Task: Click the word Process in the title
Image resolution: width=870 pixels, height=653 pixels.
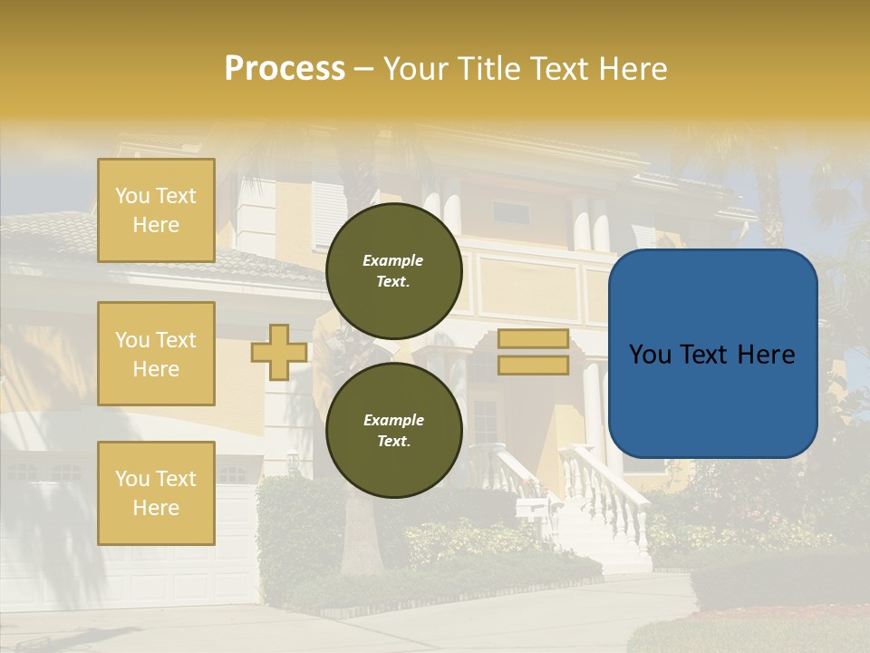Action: (x=285, y=69)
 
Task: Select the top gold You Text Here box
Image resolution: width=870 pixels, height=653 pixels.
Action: (x=156, y=210)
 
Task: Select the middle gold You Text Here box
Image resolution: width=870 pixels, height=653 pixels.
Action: (x=156, y=354)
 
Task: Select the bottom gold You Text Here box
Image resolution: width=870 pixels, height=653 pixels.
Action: (x=156, y=492)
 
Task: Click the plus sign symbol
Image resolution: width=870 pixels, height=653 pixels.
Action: (x=279, y=352)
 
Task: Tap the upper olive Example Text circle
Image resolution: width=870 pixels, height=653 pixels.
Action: (x=393, y=271)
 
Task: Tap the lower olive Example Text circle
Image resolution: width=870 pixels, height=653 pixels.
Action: (x=393, y=431)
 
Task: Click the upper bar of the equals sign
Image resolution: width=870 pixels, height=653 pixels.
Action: (x=533, y=339)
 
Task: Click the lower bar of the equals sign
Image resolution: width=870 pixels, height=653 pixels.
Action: (x=533, y=365)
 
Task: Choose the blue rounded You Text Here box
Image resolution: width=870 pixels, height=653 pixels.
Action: (x=712, y=354)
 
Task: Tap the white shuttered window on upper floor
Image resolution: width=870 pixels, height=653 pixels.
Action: (x=329, y=215)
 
